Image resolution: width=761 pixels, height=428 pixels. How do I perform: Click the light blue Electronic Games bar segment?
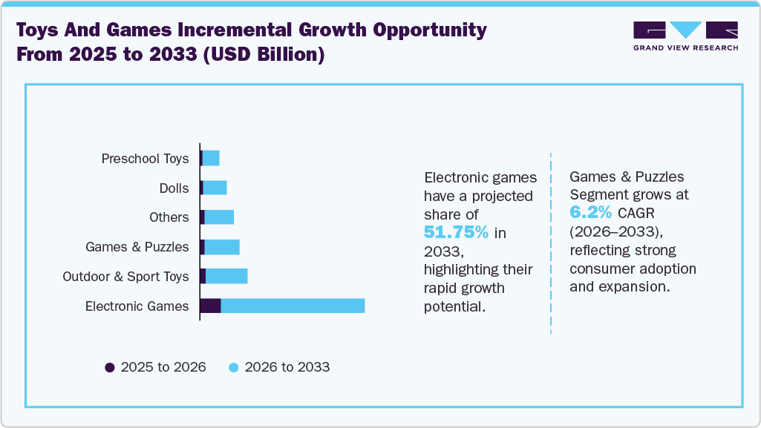293,306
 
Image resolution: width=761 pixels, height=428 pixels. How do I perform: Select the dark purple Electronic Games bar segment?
211,306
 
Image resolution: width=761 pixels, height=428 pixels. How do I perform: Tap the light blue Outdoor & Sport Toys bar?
226,276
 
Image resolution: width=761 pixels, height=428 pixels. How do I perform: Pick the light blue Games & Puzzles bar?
221,247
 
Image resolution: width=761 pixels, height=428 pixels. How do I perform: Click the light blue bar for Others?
219,217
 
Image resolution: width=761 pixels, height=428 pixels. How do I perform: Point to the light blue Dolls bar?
215,188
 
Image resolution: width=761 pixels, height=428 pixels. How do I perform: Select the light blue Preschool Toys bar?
211,158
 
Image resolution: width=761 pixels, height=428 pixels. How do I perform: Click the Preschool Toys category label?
145,159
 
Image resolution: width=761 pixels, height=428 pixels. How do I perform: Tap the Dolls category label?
174,188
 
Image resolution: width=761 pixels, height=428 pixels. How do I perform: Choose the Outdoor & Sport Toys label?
125,277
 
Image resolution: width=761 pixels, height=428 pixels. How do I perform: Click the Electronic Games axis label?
137,306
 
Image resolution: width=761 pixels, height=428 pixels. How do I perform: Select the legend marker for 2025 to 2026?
110,367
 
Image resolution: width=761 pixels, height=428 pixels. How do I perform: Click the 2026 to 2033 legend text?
287,367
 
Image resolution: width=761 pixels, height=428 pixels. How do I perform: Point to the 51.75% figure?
456,233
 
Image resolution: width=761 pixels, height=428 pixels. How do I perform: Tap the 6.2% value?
590,213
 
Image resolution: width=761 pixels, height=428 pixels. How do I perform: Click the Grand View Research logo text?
685,47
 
